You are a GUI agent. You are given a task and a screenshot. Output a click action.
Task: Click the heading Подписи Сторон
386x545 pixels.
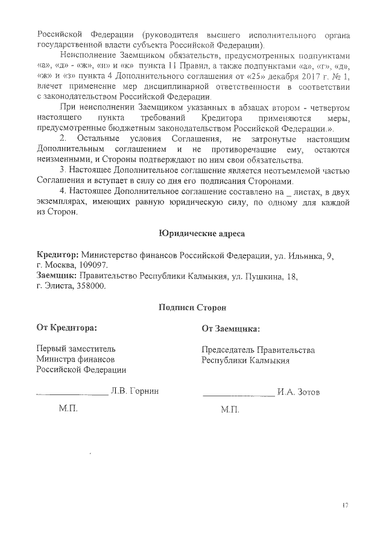click(x=193, y=307)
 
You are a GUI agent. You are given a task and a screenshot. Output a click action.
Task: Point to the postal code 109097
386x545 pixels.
click(x=92, y=265)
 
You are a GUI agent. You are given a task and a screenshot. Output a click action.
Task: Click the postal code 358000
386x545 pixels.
click(x=90, y=286)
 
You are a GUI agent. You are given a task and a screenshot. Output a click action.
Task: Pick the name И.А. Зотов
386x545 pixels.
click(x=298, y=392)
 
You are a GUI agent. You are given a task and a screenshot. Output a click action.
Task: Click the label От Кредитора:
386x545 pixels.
click(x=67, y=328)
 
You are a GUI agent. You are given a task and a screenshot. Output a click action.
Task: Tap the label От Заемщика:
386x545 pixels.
click(x=232, y=329)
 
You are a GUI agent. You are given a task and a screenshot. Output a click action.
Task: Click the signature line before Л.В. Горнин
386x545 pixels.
click(x=72, y=394)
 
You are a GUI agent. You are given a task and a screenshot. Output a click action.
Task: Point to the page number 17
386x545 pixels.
click(x=346, y=505)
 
